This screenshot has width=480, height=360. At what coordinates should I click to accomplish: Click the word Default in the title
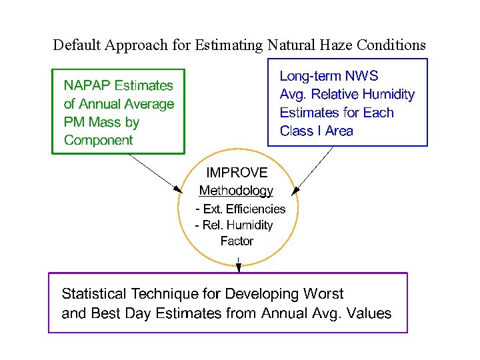click(75, 45)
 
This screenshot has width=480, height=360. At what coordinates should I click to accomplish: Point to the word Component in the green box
click(98, 140)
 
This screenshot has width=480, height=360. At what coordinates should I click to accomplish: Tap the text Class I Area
click(316, 131)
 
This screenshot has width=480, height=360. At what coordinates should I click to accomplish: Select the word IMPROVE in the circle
click(237, 173)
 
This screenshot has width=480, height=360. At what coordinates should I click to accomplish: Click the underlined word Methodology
click(236, 191)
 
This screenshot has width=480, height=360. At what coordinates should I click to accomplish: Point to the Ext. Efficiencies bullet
click(241, 209)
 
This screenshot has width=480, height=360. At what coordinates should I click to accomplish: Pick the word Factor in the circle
click(237, 241)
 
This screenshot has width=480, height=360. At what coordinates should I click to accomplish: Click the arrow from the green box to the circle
click(154, 171)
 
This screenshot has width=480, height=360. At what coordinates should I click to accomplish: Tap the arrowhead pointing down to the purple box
click(239, 268)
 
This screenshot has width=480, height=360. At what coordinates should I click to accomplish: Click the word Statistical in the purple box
click(94, 293)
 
